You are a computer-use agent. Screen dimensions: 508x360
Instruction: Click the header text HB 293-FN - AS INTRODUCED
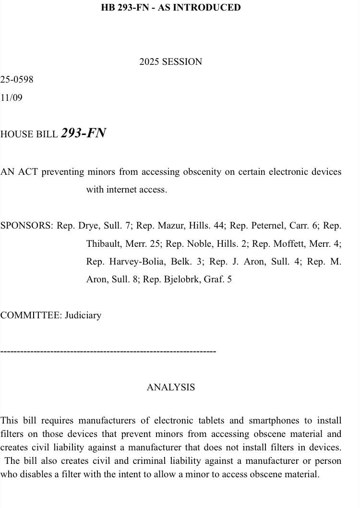171,8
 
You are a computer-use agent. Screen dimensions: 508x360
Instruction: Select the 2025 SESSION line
171,62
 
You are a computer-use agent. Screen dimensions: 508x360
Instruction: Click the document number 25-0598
17,80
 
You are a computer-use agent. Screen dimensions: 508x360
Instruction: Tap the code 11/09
12,98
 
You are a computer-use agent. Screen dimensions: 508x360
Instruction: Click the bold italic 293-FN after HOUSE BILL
84,133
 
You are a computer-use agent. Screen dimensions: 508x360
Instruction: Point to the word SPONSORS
26,226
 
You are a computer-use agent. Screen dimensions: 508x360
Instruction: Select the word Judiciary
83,315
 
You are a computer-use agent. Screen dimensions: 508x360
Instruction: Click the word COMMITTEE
31,315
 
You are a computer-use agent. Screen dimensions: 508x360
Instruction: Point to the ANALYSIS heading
171,387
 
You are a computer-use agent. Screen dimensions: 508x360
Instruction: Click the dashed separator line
108,352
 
